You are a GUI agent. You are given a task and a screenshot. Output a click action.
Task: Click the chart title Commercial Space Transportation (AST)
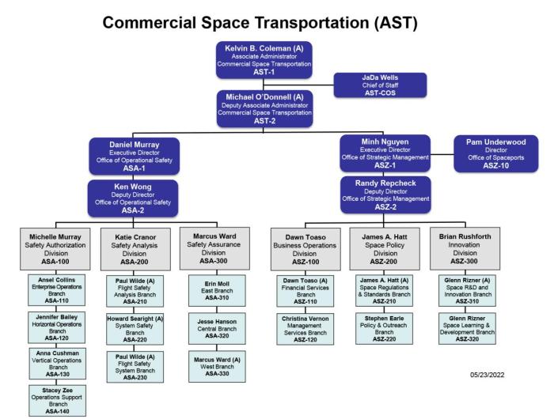pos(277,18)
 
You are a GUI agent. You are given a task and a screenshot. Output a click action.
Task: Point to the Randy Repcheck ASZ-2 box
pos(385,194)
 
